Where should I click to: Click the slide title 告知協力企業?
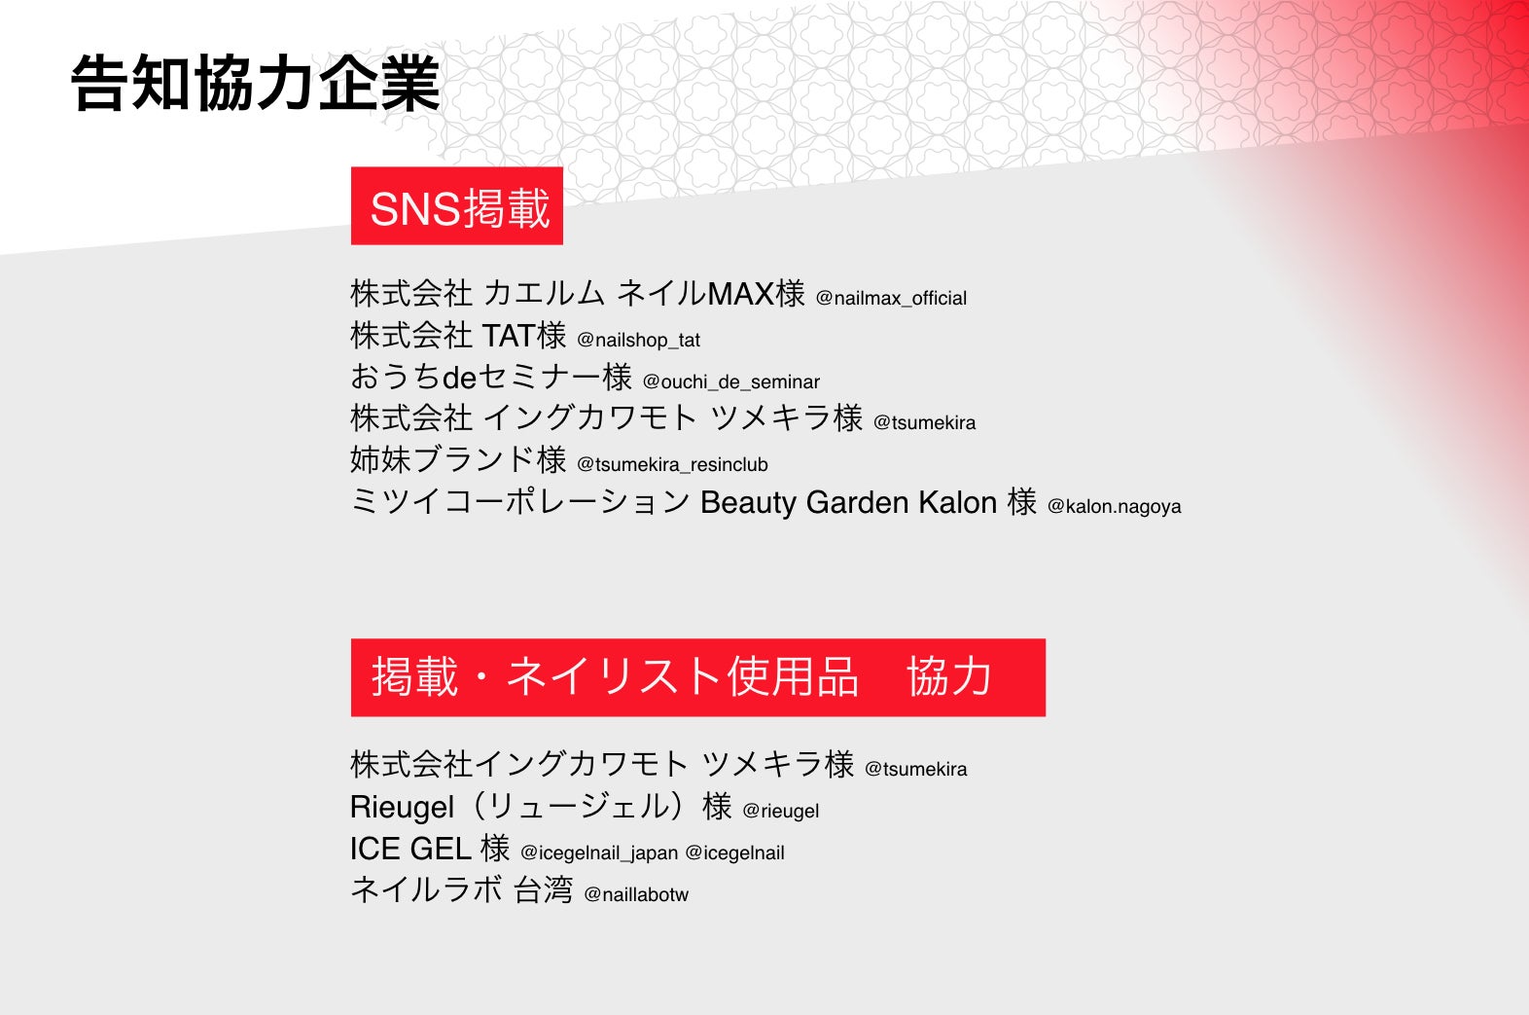256,84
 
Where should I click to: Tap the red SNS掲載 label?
456,205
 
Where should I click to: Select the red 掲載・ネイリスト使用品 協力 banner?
698,677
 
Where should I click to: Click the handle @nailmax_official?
891,299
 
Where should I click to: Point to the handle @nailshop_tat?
638,341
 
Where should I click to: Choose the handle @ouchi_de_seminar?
731,381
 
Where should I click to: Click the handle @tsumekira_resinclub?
672,464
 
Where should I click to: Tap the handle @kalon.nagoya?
1114,506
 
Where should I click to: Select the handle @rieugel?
780,811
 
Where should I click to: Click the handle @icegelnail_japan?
599,853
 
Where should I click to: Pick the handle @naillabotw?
636,894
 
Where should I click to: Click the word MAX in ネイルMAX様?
740,295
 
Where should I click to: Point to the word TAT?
509,336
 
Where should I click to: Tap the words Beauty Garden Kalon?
848,503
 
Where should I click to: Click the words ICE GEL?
410,849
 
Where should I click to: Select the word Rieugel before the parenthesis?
402,808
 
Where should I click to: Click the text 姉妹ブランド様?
458,459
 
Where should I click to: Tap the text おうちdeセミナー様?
491,377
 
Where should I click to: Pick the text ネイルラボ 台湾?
461,890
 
